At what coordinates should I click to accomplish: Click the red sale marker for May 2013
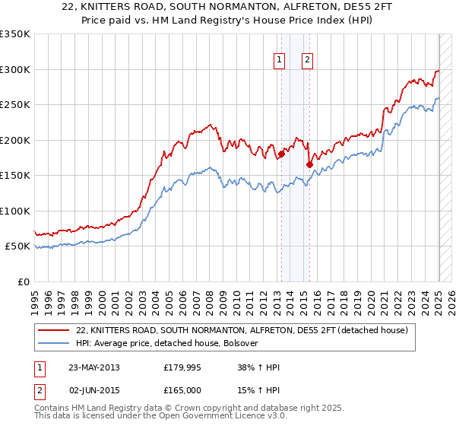[x=281, y=154]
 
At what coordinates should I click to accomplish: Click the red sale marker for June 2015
[x=309, y=164]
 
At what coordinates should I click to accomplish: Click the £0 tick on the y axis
[x=24, y=281]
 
